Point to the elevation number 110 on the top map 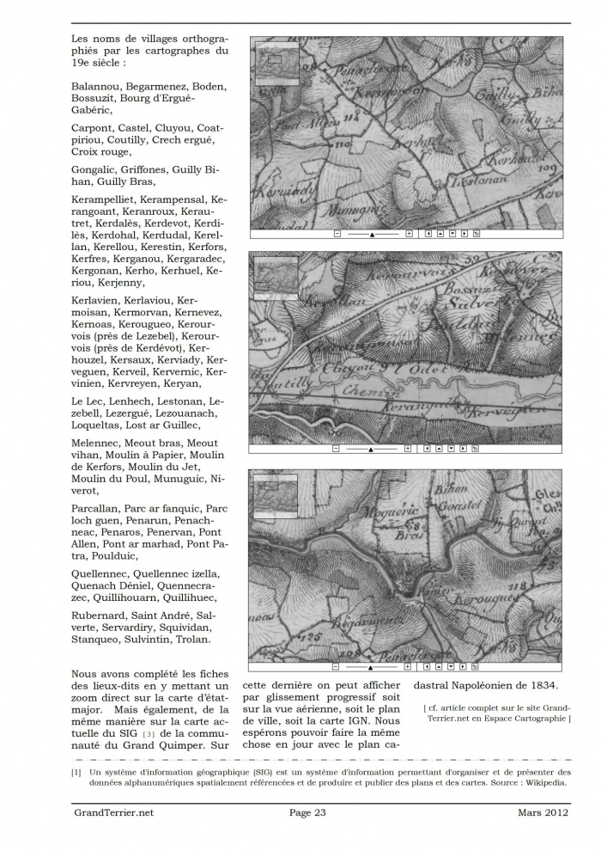[319, 143]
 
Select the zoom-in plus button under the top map [409, 233]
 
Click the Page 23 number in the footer [307, 812]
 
